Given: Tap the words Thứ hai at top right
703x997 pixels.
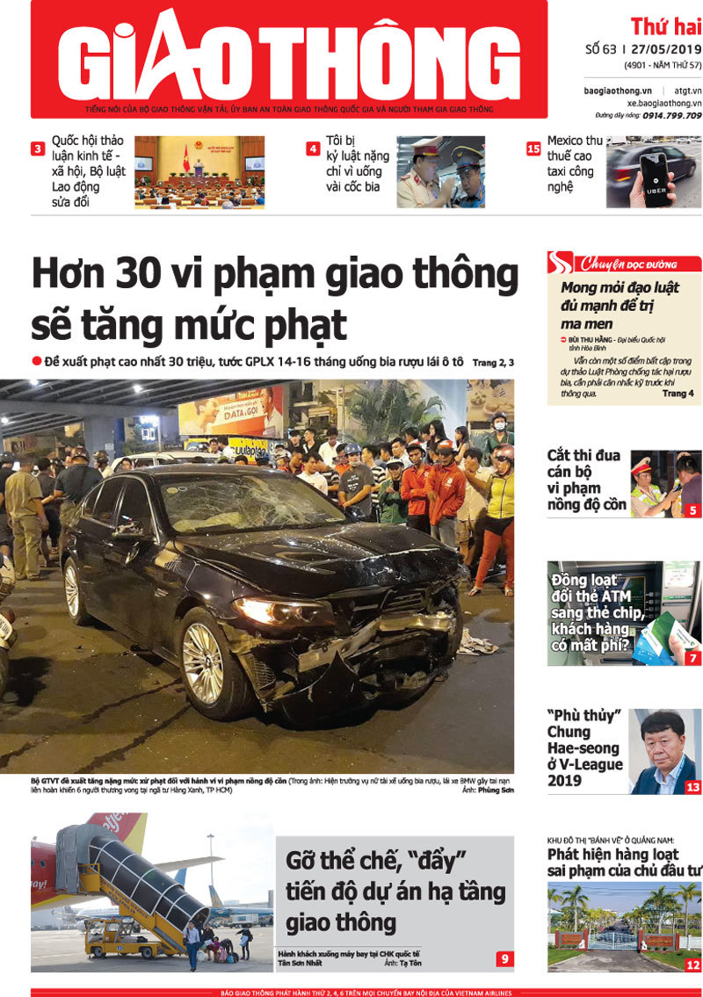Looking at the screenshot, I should [x=665, y=25].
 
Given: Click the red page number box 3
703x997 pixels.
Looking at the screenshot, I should [x=38, y=148].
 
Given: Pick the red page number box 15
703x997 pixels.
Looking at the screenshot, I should [x=533, y=148].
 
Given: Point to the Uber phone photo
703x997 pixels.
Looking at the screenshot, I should [x=653, y=171].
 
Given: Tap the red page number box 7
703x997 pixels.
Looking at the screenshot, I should [x=692, y=657].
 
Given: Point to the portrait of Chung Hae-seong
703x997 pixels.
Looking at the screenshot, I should [x=663, y=751].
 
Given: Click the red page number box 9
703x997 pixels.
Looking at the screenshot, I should [x=504, y=958].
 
